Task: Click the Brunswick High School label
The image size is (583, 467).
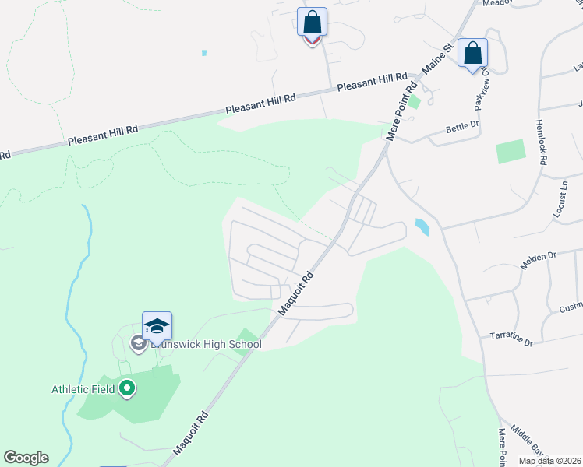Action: (x=207, y=344)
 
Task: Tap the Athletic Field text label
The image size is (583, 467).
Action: (x=83, y=389)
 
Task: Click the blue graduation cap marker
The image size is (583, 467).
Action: (x=157, y=326)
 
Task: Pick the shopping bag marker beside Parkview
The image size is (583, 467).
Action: (x=472, y=54)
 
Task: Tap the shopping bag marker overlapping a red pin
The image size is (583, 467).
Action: (x=312, y=22)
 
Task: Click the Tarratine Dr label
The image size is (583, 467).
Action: (x=511, y=339)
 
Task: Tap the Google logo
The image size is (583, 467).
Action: (x=26, y=458)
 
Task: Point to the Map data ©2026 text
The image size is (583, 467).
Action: (x=550, y=461)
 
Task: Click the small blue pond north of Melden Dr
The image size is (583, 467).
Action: (x=422, y=226)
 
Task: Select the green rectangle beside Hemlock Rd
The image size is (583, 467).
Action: (x=511, y=151)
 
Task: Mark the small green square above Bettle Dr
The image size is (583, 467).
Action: (x=415, y=101)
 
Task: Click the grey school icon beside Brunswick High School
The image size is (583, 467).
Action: (x=138, y=343)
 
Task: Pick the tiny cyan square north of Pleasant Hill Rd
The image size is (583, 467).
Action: (x=204, y=53)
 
